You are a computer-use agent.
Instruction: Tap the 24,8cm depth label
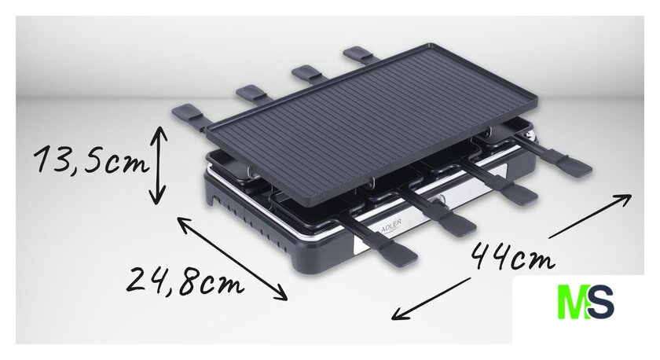(185, 281)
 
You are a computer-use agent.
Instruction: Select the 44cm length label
(511, 256)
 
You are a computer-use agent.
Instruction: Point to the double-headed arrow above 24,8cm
(232, 259)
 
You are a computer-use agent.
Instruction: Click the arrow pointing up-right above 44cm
(590, 216)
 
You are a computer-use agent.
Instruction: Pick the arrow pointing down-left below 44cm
(431, 299)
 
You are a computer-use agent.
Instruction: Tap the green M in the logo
(573, 302)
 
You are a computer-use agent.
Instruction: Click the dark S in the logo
(601, 302)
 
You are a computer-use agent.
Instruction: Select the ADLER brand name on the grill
(391, 226)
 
